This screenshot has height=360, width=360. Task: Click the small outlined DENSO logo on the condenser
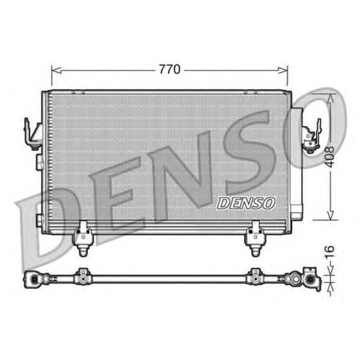(246, 203)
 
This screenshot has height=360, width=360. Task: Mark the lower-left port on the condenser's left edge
(39, 220)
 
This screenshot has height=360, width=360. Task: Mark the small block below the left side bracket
(39, 163)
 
